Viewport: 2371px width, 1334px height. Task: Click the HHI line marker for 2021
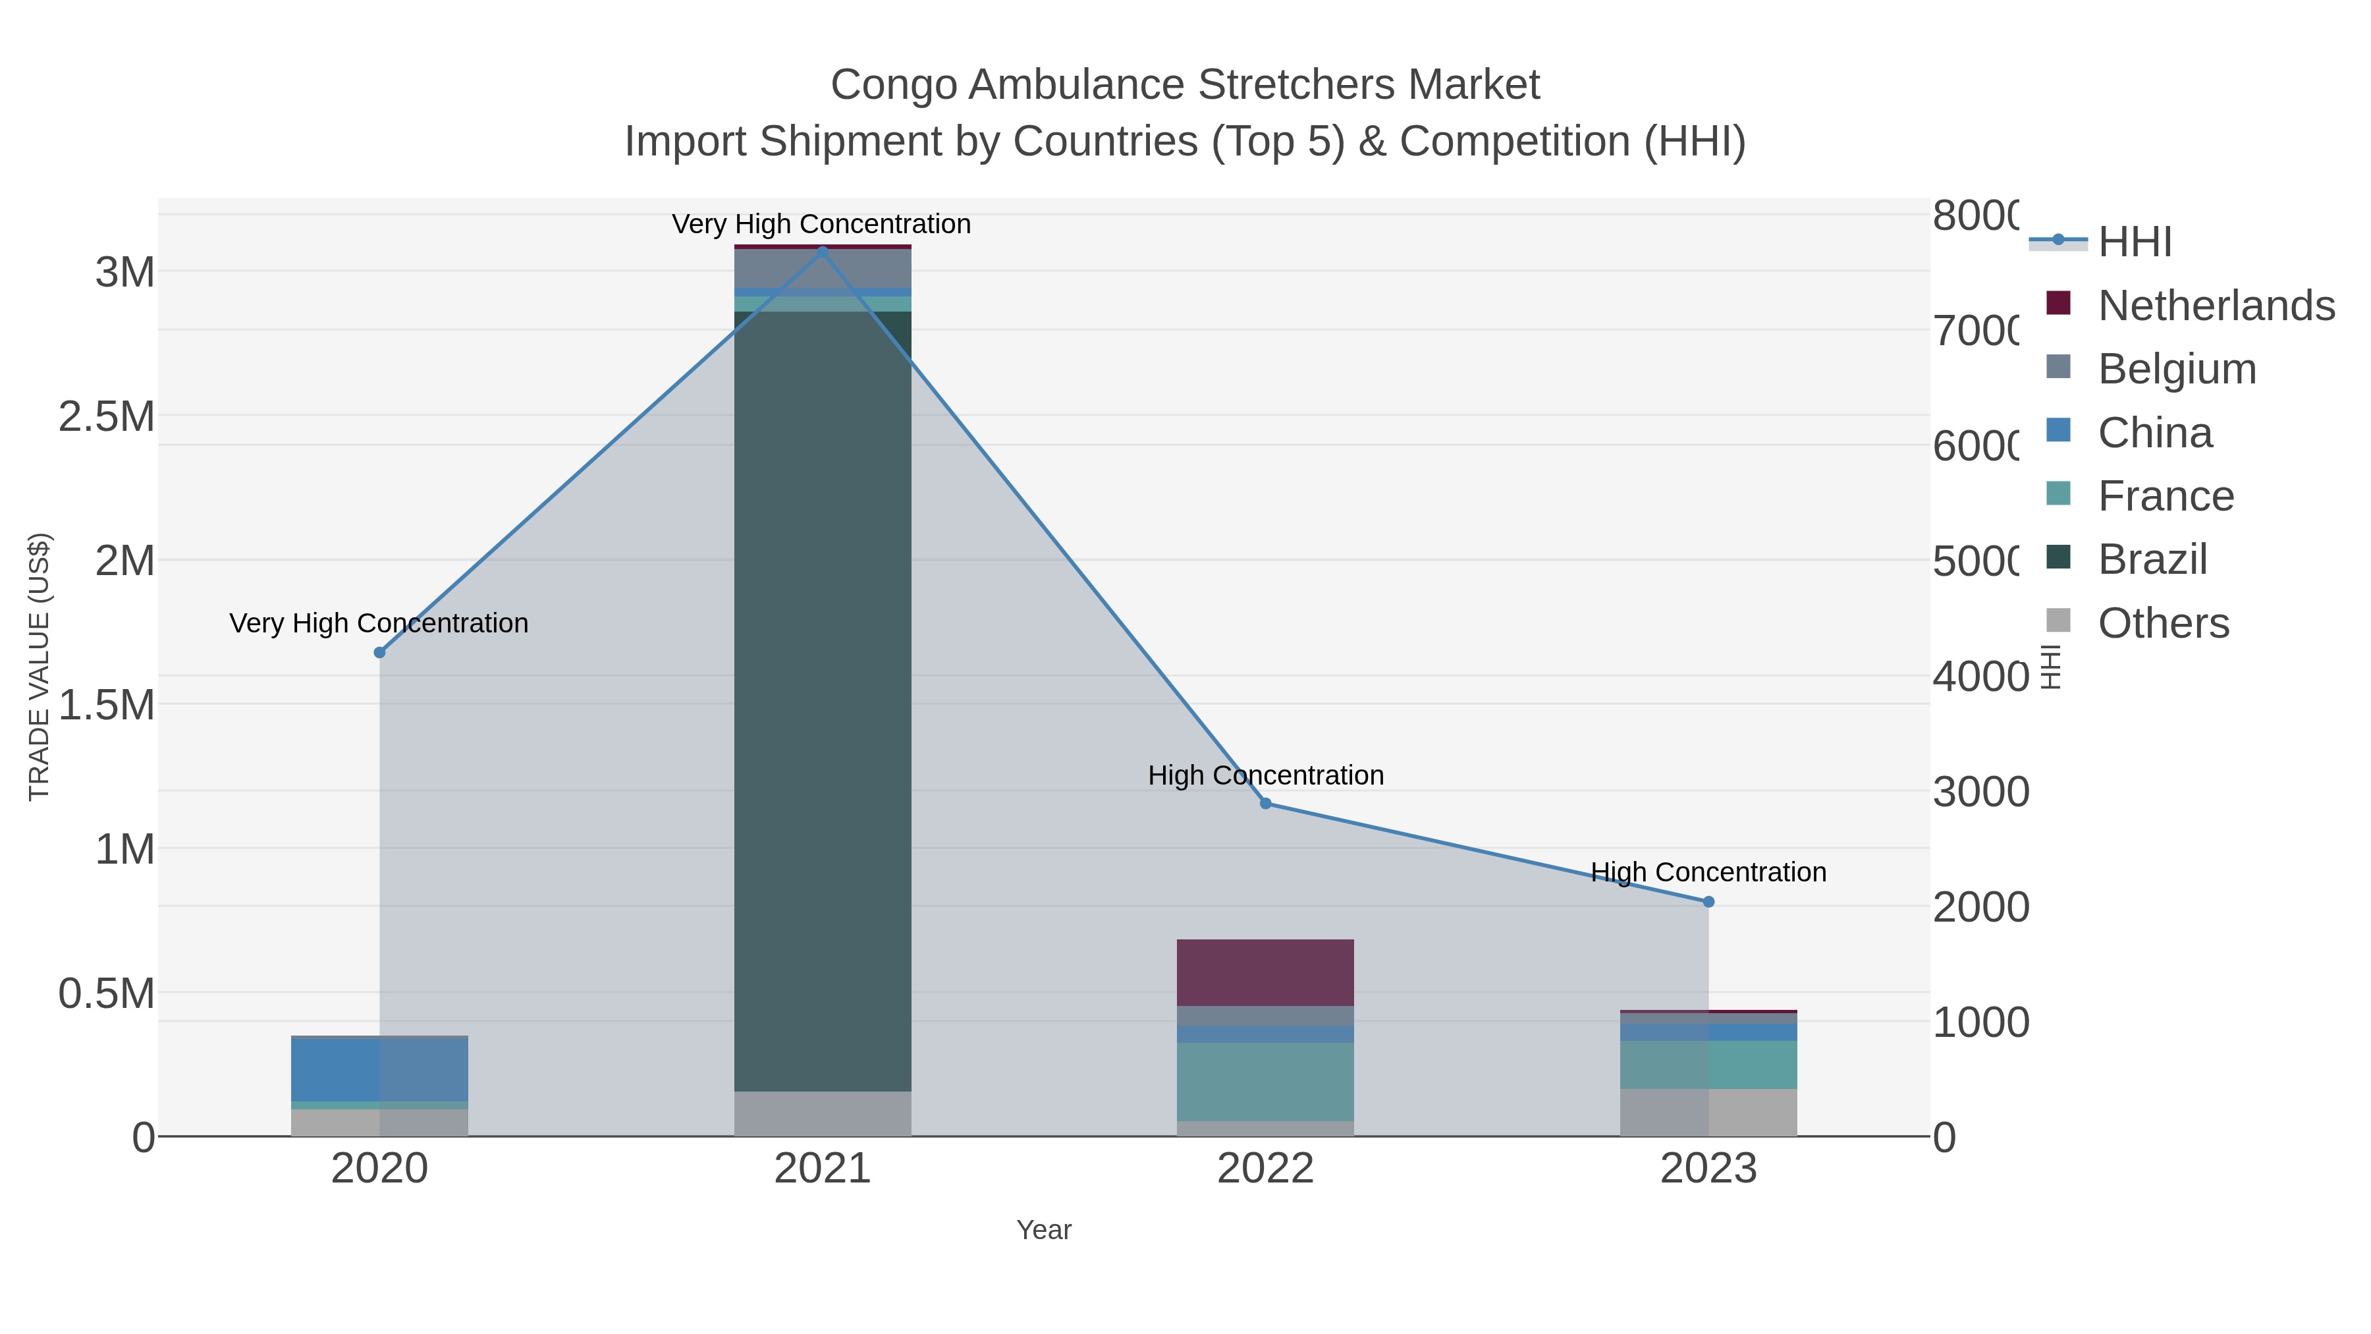coord(822,250)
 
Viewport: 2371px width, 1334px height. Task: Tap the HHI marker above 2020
coord(379,652)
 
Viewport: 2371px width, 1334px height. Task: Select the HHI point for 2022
coord(1266,804)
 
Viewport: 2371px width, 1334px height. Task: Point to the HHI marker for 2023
coord(1708,901)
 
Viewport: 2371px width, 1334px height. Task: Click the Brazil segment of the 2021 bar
coord(822,700)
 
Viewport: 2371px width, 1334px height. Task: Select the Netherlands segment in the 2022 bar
coord(1266,972)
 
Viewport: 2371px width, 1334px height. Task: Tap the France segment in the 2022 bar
coord(1266,1082)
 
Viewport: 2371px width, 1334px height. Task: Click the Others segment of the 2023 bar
coord(1708,1112)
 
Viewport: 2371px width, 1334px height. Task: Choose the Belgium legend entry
coord(2177,369)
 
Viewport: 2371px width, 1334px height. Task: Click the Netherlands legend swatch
coord(2058,304)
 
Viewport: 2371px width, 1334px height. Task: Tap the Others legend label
coord(2163,623)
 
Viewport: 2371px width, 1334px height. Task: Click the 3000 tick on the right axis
coord(1979,792)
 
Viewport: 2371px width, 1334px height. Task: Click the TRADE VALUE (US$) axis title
coord(40,667)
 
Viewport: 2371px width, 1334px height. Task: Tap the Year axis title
coord(1044,1230)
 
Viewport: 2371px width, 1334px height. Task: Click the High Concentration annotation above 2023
coord(1708,872)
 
